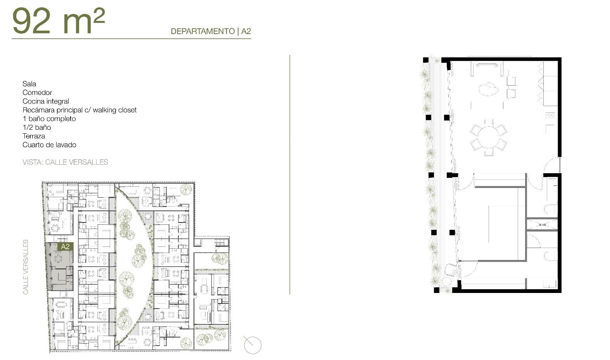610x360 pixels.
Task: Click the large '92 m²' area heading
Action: pos(58,21)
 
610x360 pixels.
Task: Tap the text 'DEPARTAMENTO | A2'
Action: pos(210,31)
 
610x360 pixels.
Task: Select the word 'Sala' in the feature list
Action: pos(29,84)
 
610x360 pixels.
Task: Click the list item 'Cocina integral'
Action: pos(46,101)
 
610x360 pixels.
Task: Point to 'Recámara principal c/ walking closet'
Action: pos(79,110)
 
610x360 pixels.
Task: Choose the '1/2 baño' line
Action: pos(37,127)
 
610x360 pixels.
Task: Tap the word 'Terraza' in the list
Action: pos(34,136)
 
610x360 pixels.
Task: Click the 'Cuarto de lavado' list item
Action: pos(49,145)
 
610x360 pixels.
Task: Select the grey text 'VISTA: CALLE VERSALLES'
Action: pos(65,162)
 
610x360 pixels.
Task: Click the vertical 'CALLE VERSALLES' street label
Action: pos(26,267)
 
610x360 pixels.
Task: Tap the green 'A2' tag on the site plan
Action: pos(65,247)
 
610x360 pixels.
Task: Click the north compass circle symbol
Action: pos(252,345)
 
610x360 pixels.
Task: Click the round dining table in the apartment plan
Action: pos(489,137)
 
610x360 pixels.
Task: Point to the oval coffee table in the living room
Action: pos(488,89)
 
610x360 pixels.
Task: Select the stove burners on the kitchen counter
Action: pos(550,115)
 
